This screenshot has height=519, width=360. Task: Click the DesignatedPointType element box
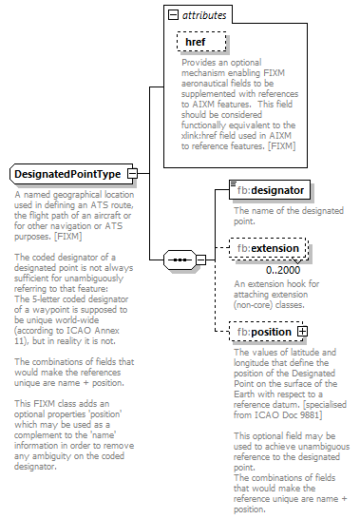coord(66,174)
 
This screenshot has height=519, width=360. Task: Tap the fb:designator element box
coord(269,190)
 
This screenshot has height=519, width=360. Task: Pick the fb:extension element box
coord(269,249)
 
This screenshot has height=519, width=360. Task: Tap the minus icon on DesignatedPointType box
coord(132,174)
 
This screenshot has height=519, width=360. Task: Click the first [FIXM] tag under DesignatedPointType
coord(66,236)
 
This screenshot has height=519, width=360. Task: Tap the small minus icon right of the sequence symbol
coord(201,258)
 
